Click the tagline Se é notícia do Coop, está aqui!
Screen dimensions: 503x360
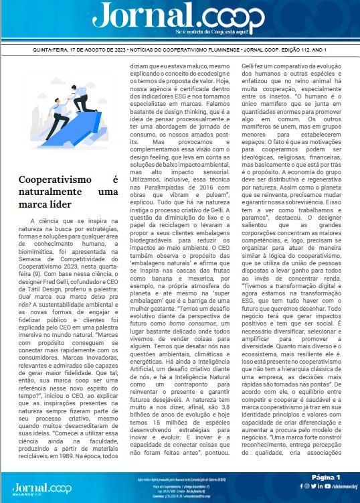tap(214, 32)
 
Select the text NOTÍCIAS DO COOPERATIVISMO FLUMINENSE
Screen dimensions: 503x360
tap(197, 50)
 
